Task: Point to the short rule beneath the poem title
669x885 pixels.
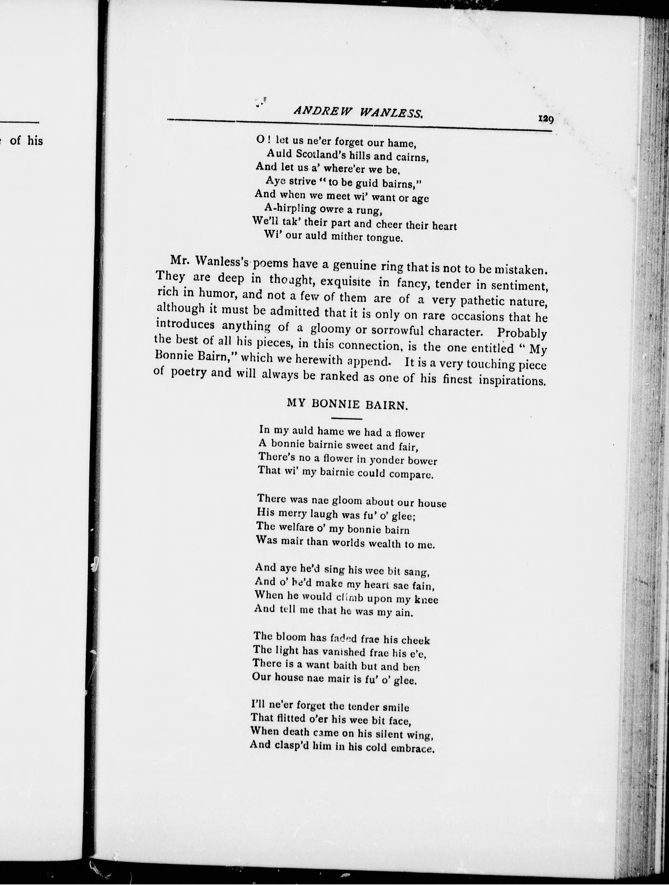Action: click(347, 418)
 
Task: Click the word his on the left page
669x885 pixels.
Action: click(35, 141)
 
